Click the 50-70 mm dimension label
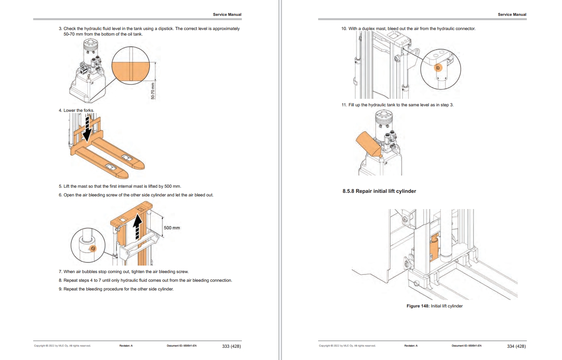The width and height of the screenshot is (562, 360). pos(153,91)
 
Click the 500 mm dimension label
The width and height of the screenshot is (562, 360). pos(172,228)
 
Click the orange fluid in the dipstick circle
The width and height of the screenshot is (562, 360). pos(130,72)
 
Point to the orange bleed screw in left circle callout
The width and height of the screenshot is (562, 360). pos(93,249)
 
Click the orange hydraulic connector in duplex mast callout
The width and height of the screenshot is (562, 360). pos(438,68)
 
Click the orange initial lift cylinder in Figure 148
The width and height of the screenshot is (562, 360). pos(434,247)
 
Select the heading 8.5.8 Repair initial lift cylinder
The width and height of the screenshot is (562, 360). pos(379,191)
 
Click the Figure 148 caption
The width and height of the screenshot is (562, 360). pos(434,306)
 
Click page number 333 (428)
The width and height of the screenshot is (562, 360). pos(231,346)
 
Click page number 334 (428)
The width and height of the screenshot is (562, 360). pos(516,346)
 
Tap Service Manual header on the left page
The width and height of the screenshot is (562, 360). pos(227,15)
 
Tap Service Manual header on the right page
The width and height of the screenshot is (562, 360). pos(512,15)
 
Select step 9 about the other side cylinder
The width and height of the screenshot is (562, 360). pos(116,289)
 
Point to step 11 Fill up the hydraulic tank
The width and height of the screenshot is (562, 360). pos(397,105)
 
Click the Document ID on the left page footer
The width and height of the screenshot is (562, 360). pos(181,346)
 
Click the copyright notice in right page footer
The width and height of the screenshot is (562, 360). pos(347,346)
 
